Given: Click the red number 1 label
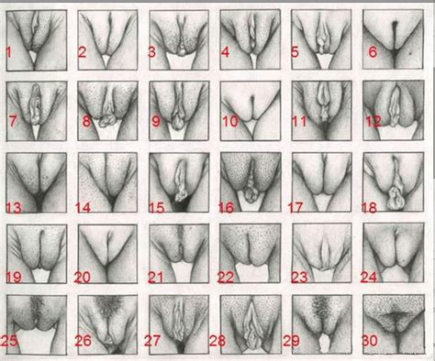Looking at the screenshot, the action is (x=9, y=52).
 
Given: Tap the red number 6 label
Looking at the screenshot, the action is (x=373, y=52).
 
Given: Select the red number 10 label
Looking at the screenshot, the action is (x=230, y=121).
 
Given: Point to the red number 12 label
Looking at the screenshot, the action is (x=374, y=121).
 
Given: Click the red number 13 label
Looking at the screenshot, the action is (x=14, y=208).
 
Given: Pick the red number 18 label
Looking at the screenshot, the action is (x=369, y=208).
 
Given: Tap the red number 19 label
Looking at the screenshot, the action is (x=14, y=278).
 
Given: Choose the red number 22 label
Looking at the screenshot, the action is (x=226, y=278).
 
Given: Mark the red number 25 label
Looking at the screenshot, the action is (x=9, y=341).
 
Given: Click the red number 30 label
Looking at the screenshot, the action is (x=370, y=341).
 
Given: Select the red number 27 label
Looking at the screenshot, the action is (x=152, y=341).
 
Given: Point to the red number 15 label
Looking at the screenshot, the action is (x=157, y=208).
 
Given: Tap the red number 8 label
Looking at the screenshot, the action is (x=86, y=121).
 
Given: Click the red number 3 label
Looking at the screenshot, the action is (x=151, y=52).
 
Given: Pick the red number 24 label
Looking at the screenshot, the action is (x=369, y=278).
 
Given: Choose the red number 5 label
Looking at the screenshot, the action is (x=295, y=52).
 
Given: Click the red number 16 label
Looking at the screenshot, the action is (x=227, y=208).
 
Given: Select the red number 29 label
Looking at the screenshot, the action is (x=291, y=341).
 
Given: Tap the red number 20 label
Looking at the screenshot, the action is (x=83, y=278).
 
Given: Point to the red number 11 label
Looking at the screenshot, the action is (x=299, y=121).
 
